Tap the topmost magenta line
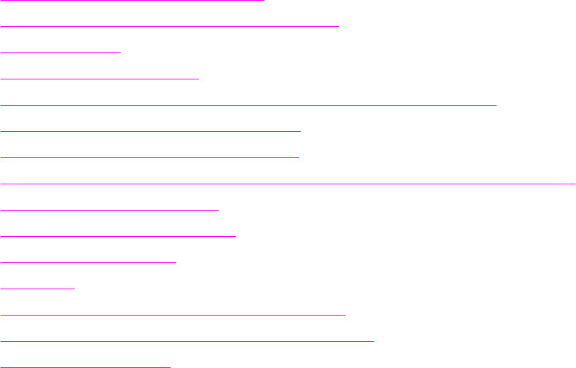click(x=132, y=1)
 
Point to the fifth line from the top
click(x=248, y=104)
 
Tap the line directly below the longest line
click(x=110, y=209)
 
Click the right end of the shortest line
click(x=74, y=288)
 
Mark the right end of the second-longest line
click(x=496, y=104)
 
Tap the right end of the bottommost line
click(x=170, y=367)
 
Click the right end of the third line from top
click(x=120, y=52)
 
